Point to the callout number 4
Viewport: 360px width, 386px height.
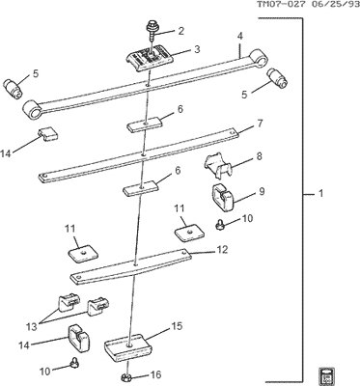coord(238,37)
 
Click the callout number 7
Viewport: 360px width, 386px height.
coord(260,124)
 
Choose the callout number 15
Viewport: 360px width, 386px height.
coord(175,328)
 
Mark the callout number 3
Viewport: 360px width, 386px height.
coord(196,48)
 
